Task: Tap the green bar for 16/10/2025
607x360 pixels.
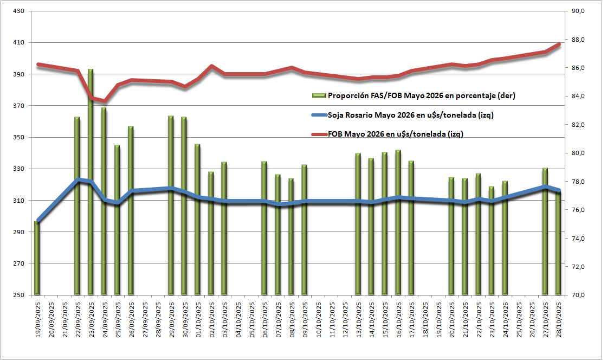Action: click(398, 222)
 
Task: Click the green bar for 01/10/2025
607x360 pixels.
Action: click(197, 220)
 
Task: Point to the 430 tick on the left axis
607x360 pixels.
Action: click(17, 11)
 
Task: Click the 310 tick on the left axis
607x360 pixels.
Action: click(17, 201)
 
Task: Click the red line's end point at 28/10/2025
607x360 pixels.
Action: click(559, 44)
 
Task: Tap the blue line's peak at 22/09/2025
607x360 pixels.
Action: click(78, 179)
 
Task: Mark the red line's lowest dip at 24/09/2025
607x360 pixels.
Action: click(104, 101)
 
